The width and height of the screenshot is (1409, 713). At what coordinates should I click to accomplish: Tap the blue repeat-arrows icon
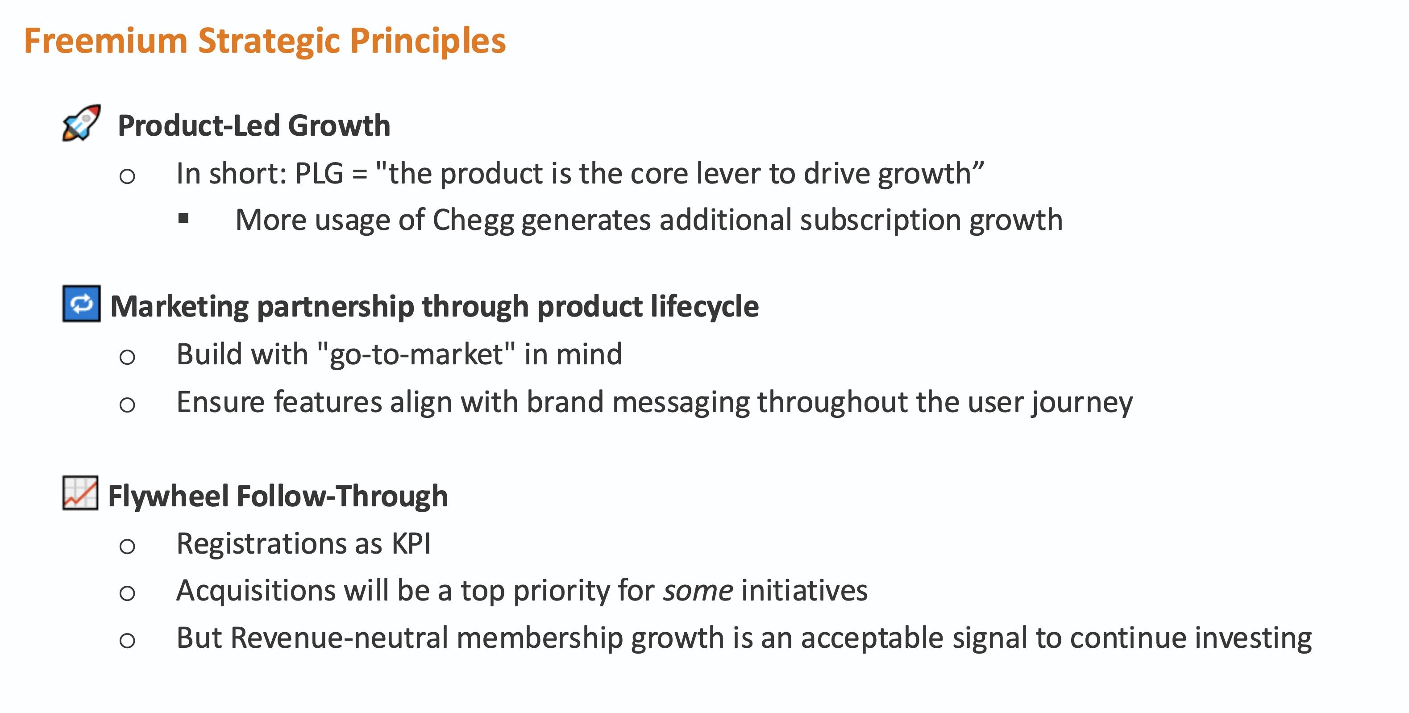coord(82,304)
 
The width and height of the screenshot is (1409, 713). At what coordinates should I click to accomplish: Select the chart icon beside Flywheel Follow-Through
coord(80,493)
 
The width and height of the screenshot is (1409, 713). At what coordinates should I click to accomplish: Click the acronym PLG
coord(319,174)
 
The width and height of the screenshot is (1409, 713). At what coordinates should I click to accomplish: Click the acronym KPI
coord(411,544)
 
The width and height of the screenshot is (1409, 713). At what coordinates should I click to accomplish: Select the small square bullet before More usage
coord(183,219)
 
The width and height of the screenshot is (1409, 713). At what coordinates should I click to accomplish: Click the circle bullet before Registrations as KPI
coord(127,546)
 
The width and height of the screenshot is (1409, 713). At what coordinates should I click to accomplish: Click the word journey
coord(1082,403)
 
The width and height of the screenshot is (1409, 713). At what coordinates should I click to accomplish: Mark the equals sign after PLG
coord(359,175)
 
